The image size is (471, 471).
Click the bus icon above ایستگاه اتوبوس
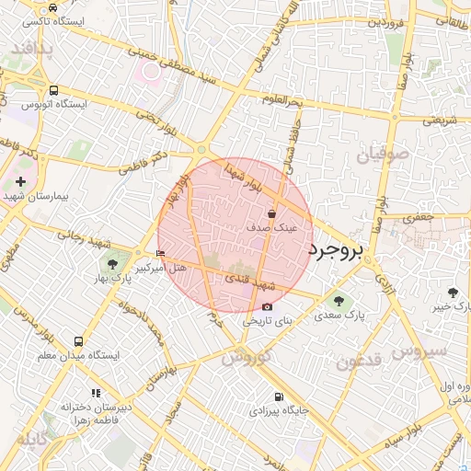pos(54,91)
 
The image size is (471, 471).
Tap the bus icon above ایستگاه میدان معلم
pos(78,341)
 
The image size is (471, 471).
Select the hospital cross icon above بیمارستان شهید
pos(20,182)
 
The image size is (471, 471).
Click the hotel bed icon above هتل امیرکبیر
pos(162,254)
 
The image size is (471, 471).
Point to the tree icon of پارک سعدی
pos(338,301)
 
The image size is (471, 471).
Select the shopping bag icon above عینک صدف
pos(271,213)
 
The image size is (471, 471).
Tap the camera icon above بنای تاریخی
pos(267,307)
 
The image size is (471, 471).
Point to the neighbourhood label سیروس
pos(419,351)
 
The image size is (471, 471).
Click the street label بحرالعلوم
pos(281,100)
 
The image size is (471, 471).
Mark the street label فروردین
pos(386,21)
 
